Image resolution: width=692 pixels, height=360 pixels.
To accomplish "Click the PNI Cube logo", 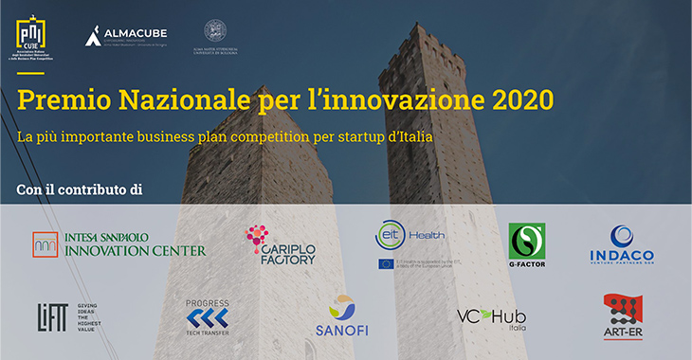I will click(x=30, y=39).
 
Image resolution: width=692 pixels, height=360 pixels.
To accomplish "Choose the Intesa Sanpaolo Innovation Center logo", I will click(x=118, y=244).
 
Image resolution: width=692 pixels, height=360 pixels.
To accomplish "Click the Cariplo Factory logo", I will click(x=280, y=245).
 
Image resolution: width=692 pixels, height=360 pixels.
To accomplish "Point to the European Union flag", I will click(x=386, y=263).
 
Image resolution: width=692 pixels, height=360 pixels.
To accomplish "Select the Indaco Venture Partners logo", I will click(x=622, y=245).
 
